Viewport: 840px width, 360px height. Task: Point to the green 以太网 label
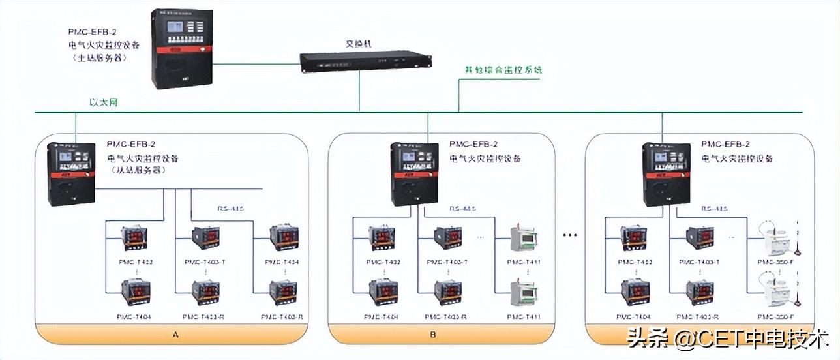[x=104, y=102]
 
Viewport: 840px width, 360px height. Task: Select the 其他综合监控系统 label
[x=503, y=69]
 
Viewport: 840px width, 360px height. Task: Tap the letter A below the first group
[x=175, y=335]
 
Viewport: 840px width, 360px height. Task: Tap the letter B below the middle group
[x=434, y=335]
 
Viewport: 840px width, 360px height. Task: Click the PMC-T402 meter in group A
[x=136, y=239]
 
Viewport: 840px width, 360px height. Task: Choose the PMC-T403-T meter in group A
[x=205, y=239]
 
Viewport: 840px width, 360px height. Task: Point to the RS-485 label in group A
[x=230, y=209]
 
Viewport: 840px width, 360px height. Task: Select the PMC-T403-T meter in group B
[x=448, y=239]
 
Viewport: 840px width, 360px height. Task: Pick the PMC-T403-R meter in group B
[x=448, y=293]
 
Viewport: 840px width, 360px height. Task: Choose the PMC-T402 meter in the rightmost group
[x=634, y=239]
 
